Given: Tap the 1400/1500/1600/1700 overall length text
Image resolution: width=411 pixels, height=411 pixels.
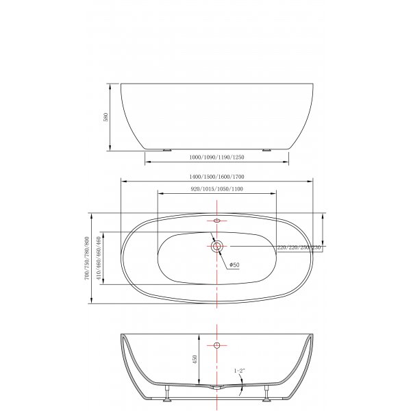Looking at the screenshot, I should click(216, 176).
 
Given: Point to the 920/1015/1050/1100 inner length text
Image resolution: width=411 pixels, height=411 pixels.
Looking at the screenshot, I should click(216, 188).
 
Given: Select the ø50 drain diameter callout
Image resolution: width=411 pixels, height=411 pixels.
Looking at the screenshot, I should click(234, 264).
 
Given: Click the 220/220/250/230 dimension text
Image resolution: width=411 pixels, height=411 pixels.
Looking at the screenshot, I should click(299, 247).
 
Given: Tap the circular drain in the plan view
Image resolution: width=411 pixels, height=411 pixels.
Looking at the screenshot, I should click(217, 246).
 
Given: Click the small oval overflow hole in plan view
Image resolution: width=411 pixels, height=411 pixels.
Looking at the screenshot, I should click(217, 221).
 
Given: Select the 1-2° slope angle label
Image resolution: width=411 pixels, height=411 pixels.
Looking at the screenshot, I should click(240, 371).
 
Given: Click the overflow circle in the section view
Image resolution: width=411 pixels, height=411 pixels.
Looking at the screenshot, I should click(217, 345).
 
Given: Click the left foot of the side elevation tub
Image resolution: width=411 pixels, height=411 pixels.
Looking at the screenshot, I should click(166, 149).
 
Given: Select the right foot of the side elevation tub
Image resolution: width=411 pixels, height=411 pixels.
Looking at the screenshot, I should click(266, 149).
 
